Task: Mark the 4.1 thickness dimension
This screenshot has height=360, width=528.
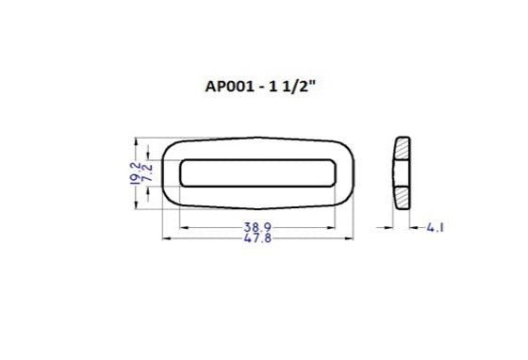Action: (436, 227)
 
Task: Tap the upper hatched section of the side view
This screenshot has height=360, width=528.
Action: (402, 148)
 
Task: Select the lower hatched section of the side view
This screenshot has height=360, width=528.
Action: (402, 197)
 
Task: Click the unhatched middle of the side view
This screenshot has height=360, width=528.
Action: (400, 172)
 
